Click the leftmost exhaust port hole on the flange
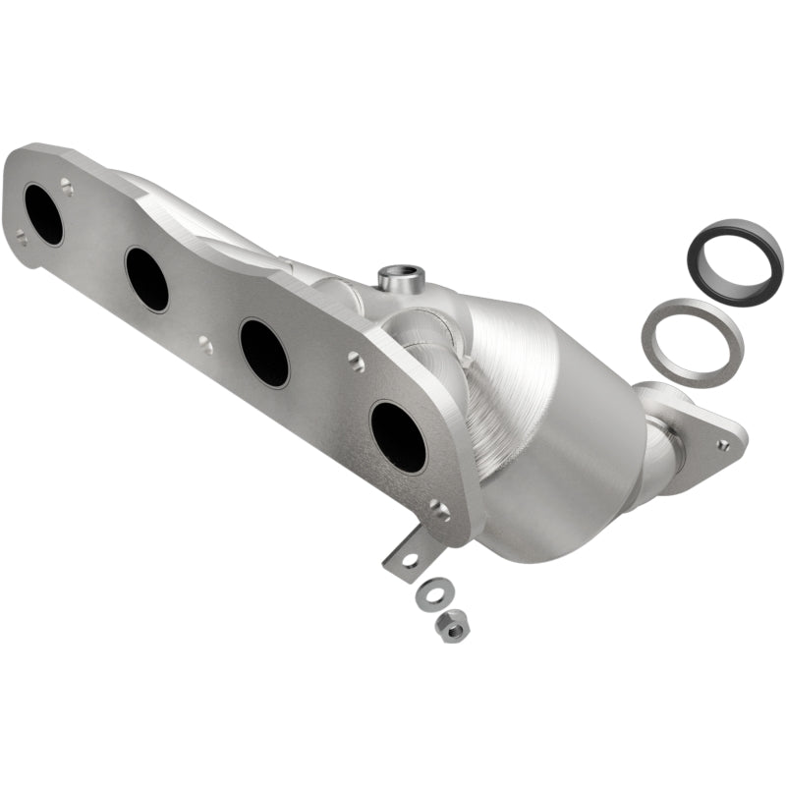pos(43,213)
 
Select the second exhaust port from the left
pos(146,279)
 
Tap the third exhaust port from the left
pos(264,353)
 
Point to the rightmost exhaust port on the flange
pos(398,436)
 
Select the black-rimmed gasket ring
pos(735,260)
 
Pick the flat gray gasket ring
pos(692,342)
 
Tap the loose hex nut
pos(452,626)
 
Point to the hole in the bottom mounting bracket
pos(410,560)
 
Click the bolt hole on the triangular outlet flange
pos(723,445)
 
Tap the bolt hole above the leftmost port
pos(66,184)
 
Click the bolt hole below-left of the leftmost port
pos(21,237)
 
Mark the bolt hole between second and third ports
pos(204,345)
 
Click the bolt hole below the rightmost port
pos(439,511)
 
